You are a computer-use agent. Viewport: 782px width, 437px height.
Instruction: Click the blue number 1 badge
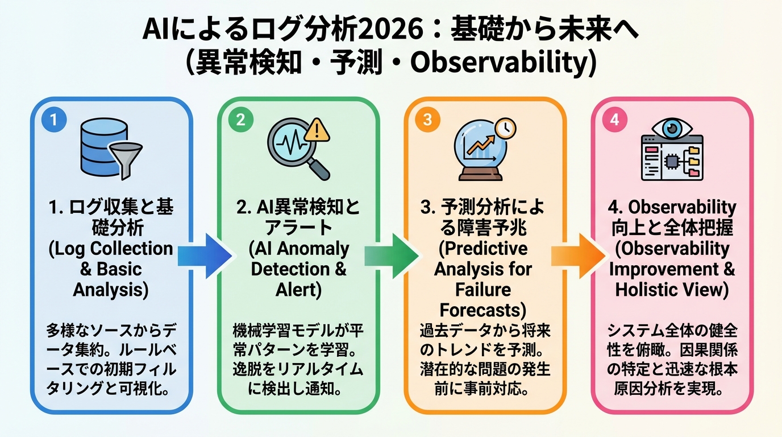(55, 121)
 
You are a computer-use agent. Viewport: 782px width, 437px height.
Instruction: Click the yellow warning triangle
(317, 131)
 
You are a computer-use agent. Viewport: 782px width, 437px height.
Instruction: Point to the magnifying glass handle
(318, 167)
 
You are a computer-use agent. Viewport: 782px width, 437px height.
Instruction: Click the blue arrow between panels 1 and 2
(205, 255)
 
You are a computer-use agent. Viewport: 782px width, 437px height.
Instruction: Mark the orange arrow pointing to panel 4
(577, 255)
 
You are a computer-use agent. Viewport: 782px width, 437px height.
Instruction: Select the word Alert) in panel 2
(298, 289)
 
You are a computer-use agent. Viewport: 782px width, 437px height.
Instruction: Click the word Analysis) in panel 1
(110, 289)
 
